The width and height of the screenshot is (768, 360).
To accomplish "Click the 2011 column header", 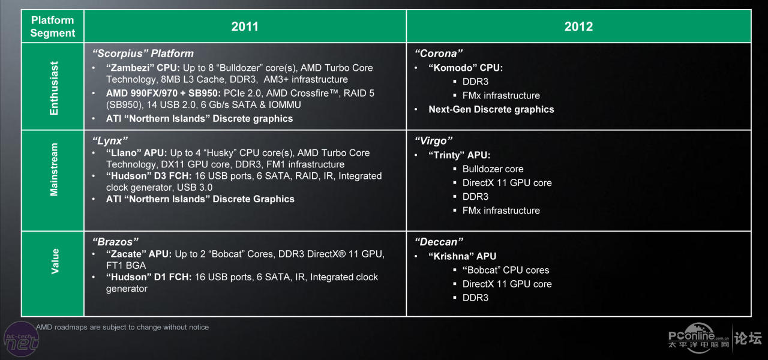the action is (x=245, y=26).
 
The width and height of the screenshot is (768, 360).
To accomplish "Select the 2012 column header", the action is (x=579, y=26).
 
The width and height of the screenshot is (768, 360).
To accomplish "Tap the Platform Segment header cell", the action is (x=52, y=26).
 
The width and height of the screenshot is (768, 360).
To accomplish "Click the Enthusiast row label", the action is (x=54, y=88).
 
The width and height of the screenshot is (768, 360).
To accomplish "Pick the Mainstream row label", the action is (x=54, y=169).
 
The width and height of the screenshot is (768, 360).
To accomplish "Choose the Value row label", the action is (x=55, y=261).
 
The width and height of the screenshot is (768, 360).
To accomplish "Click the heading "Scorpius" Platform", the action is (x=143, y=53).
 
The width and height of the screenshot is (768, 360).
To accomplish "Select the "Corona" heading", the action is (x=439, y=53).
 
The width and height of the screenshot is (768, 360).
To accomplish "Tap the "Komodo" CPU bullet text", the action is (x=466, y=68).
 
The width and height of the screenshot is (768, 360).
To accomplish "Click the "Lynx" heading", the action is (x=110, y=140).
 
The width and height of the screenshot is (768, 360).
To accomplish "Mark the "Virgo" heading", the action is (x=433, y=140).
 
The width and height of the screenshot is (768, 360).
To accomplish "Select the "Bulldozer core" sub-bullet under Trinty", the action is (x=493, y=169).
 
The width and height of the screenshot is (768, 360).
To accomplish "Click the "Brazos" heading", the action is (x=115, y=242).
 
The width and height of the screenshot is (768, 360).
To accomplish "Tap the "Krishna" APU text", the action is (x=462, y=256).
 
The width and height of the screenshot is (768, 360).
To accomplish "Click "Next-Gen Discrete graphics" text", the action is (x=491, y=109).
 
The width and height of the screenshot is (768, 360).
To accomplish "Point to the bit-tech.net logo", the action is (x=21, y=340).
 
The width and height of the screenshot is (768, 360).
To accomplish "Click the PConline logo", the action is (x=698, y=338).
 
